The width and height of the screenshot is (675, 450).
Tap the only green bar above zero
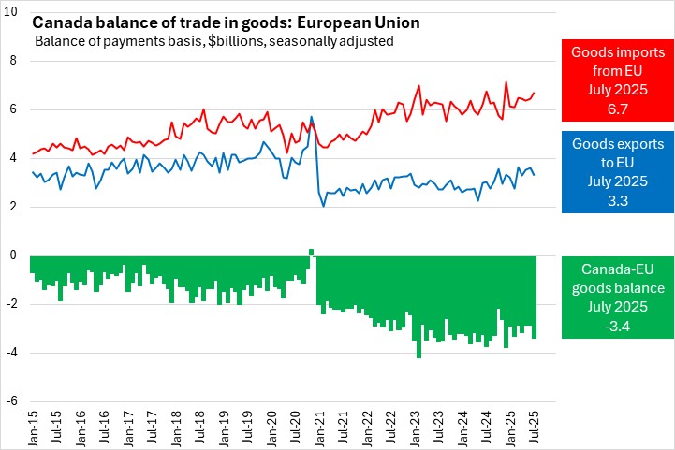(311, 253)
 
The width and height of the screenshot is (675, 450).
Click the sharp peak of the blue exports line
(311, 117)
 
